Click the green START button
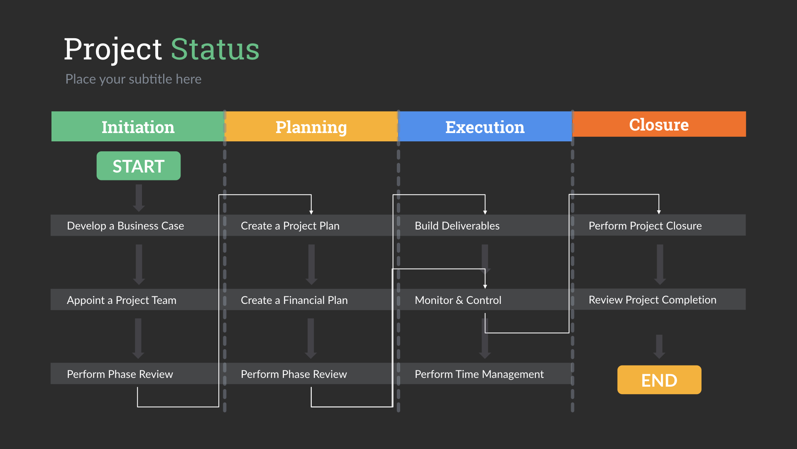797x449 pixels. pos(138,166)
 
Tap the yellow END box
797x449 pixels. pos(659,380)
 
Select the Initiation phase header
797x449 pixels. pos(138,127)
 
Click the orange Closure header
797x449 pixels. pos(659,124)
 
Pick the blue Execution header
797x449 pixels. pos(485,127)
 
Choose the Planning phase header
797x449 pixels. pos(311,127)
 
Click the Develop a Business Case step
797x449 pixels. pos(125,226)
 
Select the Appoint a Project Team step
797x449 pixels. pos(122,300)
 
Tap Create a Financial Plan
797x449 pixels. pos(294,300)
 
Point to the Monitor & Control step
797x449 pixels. pos(458,300)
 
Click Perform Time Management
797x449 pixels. pos(479,374)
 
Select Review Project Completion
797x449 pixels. pos(652,300)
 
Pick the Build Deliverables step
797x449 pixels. pos(457,226)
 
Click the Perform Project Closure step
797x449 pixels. pos(645,226)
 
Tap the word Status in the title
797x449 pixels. pos(215,49)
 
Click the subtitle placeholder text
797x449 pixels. pos(133,79)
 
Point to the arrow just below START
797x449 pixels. pos(139,198)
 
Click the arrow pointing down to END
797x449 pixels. pos(659,346)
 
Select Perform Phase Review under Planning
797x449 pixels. pos(294,374)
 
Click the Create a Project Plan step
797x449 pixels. pos(290,226)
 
